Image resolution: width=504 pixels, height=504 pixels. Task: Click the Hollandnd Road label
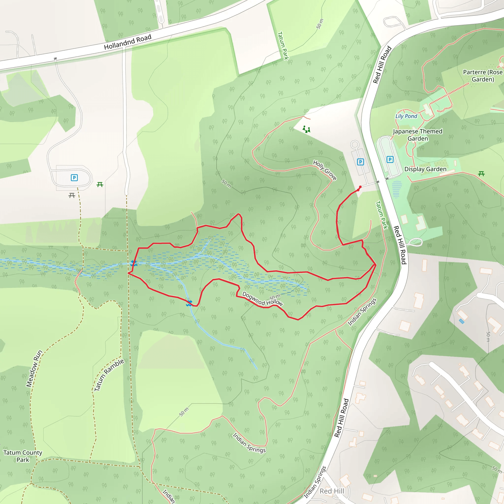point(127,42)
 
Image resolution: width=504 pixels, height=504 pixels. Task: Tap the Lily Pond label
point(406,116)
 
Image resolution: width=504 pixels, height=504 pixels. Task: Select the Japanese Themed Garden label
point(418,135)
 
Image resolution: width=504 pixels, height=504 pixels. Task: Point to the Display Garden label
point(425,169)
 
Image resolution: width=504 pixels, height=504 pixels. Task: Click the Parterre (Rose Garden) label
point(483,76)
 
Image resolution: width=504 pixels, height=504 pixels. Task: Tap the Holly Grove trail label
point(325,170)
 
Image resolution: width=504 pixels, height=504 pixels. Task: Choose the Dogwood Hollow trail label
point(262,299)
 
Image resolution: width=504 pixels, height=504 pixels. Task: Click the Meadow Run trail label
point(34,368)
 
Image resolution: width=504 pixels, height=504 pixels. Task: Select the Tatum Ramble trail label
point(109,375)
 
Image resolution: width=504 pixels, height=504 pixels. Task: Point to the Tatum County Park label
point(23,456)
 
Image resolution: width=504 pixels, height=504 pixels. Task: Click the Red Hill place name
point(332,491)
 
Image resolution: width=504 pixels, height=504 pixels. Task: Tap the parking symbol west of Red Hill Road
point(360,162)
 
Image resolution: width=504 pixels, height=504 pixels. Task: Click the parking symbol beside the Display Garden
point(390,159)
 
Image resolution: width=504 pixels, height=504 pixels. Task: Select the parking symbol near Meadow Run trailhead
point(74,178)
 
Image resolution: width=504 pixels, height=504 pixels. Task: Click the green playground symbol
point(306,129)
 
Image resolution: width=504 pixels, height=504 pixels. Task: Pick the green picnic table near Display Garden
point(481,174)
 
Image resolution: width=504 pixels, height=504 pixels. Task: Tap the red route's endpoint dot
point(360,187)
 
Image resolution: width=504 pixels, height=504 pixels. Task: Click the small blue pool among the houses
point(461,321)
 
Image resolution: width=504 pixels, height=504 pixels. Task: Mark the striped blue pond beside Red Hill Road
point(396,189)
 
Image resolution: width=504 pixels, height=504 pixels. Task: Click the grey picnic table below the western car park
point(72,195)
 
